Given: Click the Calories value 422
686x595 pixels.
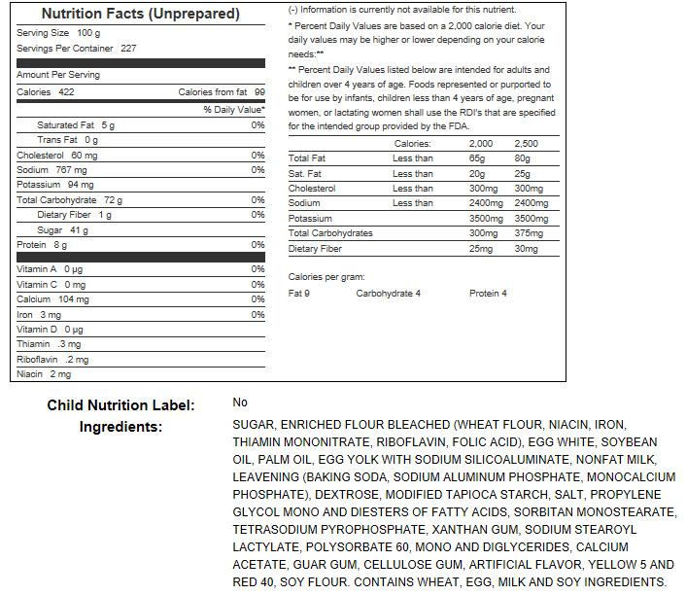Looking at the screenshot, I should coord(66,92).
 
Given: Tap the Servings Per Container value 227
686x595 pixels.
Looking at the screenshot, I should coord(128,48).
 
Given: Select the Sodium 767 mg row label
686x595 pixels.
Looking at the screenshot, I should coord(51,170).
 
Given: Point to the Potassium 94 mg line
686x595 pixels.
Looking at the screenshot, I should coord(54,185).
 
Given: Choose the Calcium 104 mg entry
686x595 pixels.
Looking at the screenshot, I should coord(52,299).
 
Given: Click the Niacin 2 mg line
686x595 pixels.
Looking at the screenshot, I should coord(44,374).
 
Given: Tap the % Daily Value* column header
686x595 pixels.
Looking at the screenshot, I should coord(233,110).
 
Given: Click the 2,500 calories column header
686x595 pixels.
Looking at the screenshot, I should coord(526,144).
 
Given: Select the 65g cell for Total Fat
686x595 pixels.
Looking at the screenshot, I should coord(477,158).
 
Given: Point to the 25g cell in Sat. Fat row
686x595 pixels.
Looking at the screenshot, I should coord(523,174).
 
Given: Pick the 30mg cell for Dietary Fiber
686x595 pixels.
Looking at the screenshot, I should coord(526,249).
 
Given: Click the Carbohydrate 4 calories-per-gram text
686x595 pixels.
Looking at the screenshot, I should coord(389,294).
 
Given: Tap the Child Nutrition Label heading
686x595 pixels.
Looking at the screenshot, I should coord(120,405).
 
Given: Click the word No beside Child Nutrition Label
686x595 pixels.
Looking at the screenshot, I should coord(240,402).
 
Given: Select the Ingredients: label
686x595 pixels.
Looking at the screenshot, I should coord(120,427).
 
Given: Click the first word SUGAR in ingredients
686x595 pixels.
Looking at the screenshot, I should coord(254,425).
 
